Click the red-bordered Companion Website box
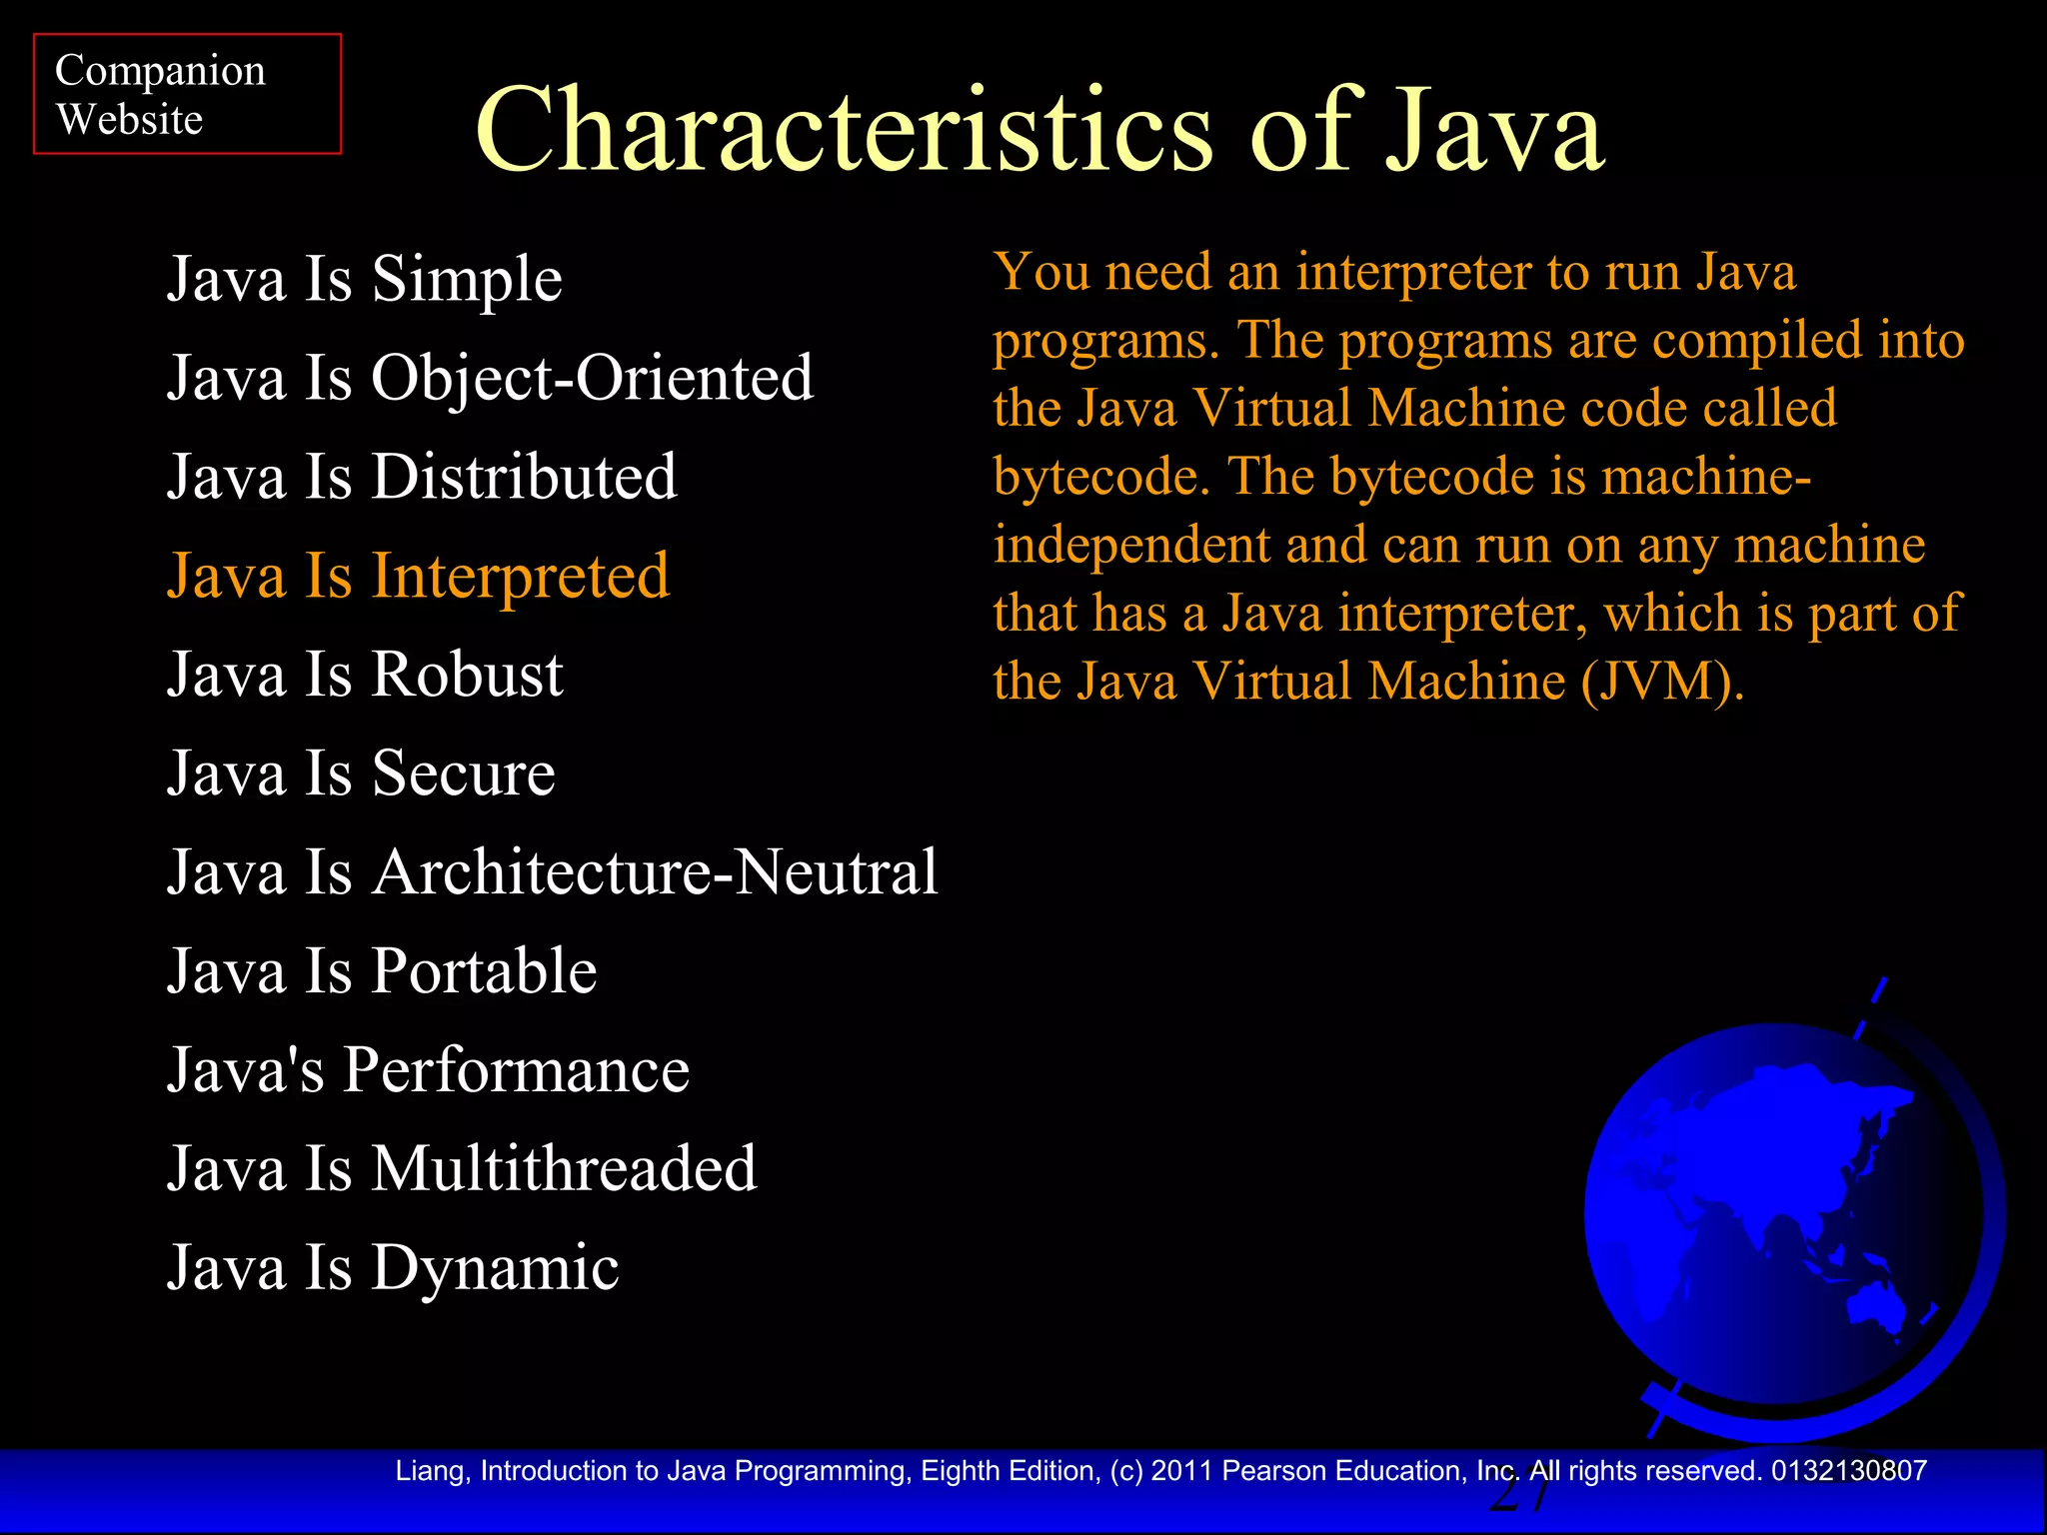pos(187,94)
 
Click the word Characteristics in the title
pos(844,131)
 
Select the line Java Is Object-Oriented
pos(490,378)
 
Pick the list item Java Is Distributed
pos(422,476)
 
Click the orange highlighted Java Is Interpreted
pos(418,576)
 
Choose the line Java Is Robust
pos(365,674)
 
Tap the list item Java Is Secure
pos(361,772)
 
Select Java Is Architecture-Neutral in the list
pos(552,871)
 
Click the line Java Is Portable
pos(382,970)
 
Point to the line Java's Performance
pos(428,1069)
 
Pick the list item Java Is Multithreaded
pos(462,1168)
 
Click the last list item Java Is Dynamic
pos(393,1267)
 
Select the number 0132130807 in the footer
pos(1848,1471)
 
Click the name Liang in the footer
pos(432,1471)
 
